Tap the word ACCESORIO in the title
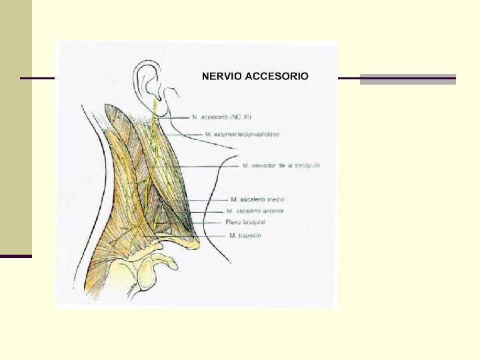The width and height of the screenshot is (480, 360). point(277,76)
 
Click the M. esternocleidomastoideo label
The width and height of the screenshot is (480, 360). point(242,134)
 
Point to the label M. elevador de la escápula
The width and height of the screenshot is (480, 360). point(281,165)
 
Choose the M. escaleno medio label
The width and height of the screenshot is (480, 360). point(257,199)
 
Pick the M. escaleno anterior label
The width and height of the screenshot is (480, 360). point(255,211)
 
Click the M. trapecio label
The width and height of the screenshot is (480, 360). point(245,235)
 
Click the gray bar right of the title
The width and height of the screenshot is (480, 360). point(407,79)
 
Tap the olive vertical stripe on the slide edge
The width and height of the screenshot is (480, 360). point(15,127)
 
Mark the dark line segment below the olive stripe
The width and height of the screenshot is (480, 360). point(15,256)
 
